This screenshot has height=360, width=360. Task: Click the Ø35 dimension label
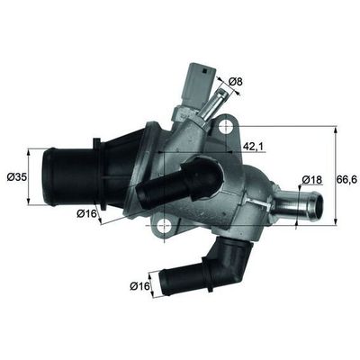[x=15, y=176]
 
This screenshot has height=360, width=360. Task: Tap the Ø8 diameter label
[x=237, y=83]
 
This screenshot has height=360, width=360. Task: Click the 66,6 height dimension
[x=346, y=180]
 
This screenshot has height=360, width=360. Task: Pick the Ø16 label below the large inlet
[x=86, y=213]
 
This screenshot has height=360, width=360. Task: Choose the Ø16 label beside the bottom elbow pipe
[x=140, y=286]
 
